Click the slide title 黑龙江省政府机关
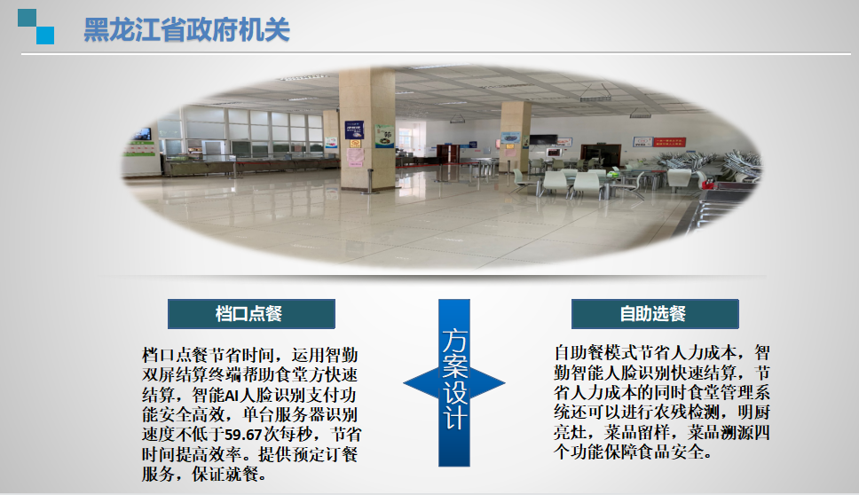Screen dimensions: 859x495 (x=186, y=29)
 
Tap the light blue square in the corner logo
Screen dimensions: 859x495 (x=45, y=35)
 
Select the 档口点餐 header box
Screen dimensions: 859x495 (x=251, y=314)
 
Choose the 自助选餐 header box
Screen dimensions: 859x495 (x=655, y=314)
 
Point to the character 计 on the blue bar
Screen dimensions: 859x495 (x=454, y=418)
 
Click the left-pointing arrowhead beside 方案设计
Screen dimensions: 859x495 (x=421, y=382)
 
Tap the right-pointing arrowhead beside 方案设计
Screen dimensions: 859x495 (x=487, y=382)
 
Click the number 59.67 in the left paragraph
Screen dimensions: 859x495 (x=243, y=435)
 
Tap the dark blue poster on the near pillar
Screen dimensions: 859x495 (x=354, y=130)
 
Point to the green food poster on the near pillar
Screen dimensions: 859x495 (x=384, y=136)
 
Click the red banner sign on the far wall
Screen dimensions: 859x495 (x=669, y=142)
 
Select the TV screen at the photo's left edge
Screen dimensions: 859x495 (x=143, y=134)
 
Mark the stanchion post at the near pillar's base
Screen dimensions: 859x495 (x=370, y=182)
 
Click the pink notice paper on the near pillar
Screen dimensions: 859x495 (x=356, y=158)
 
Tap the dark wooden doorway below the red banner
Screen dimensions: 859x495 (x=601, y=154)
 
